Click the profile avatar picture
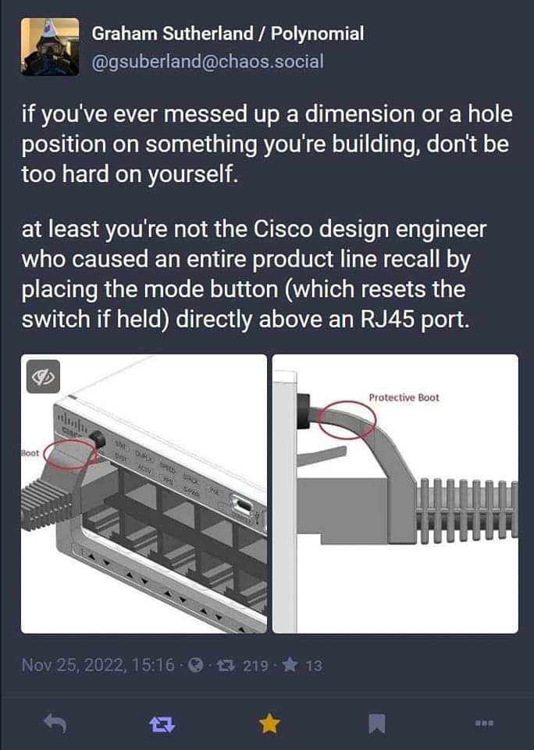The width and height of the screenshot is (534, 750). [x=49, y=46]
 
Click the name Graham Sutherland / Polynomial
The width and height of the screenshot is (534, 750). [x=227, y=34]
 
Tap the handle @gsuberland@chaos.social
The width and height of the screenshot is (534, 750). [x=207, y=61]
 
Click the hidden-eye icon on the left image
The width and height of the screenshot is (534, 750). [x=44, y=377]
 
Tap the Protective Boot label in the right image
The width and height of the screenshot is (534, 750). [x=404, y=397]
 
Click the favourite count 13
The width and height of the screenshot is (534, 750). [x=313, y=666]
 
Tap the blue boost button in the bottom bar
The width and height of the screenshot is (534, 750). [x=160, y=725]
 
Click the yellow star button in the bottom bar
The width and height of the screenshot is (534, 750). [x=269, y=725]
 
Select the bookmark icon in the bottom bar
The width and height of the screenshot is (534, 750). [x=377, y=725]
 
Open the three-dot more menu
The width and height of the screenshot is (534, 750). [x=485, y=725]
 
